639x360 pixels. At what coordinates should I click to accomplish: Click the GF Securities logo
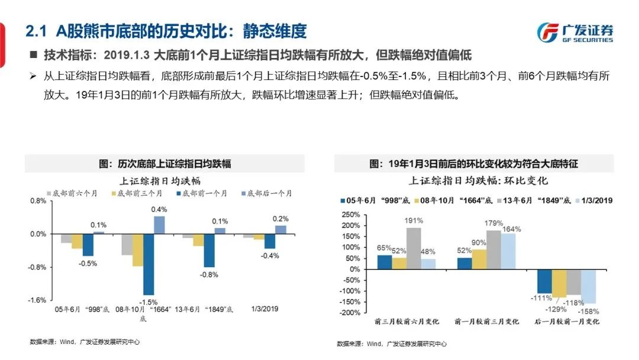coord(574,33)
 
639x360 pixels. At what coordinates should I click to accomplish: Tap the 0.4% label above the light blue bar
coord(159,209)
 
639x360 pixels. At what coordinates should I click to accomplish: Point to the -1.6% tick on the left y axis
coord(38,300)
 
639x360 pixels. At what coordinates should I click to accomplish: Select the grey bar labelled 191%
coord(414,248)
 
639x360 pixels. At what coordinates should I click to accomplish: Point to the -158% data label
coord(590,311)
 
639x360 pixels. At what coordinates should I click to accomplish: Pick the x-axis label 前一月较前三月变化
coord(486,322)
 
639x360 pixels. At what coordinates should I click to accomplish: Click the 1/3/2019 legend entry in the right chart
coord(593,200)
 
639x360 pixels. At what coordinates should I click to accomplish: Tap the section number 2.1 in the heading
coord(36,31)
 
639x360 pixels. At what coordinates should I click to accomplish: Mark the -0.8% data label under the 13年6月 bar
coord(208,275)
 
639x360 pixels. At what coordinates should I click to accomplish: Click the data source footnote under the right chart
coord(392,343)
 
